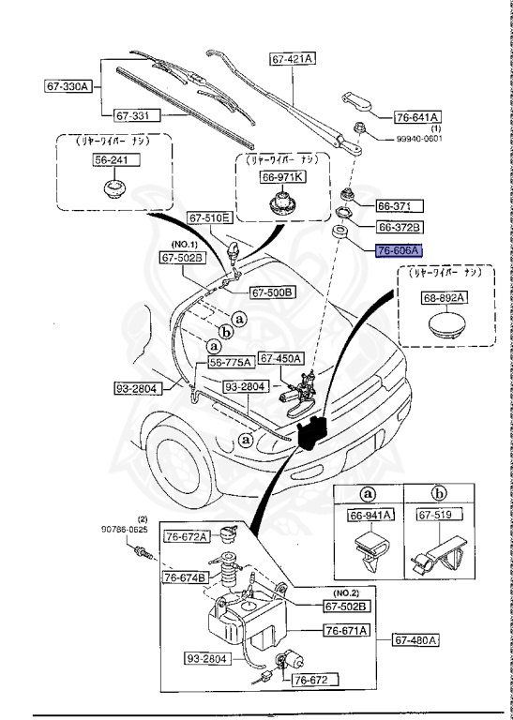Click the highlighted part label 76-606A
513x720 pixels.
[x=400, y=250]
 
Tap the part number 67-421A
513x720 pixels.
[x=293, y=58]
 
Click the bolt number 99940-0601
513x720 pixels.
[x=415, y=138]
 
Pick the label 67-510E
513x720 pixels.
[x=208, y=217]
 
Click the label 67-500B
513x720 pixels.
[x=273, y=292]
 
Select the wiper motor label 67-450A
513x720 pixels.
[x=281, y=357]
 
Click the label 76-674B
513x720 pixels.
[x=186, y=577]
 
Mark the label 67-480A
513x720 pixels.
[x=415, y=640]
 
